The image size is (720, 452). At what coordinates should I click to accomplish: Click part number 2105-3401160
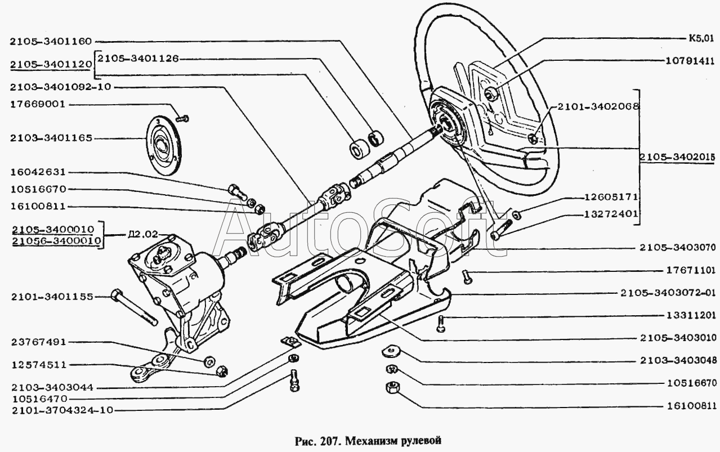point(50,41)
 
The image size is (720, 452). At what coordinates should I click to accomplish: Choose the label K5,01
point(700,39)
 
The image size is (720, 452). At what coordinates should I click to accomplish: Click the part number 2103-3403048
point(678,360)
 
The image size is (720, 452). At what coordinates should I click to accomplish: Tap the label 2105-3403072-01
point(669,293)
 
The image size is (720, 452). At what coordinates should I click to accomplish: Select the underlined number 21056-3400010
point(55,241)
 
